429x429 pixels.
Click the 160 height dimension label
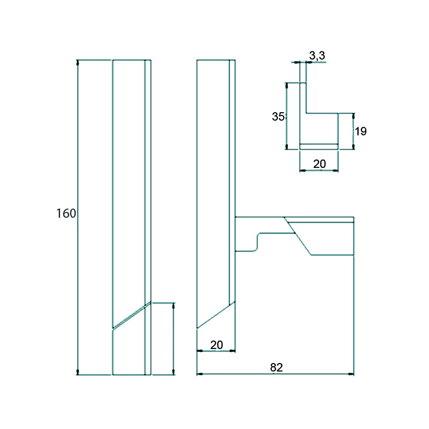pos(66,213)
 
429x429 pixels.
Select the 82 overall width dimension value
pos(276,367)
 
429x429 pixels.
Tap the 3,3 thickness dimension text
pos(317,56)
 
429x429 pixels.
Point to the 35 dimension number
pos(278,116)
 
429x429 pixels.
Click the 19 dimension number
pos(360,131)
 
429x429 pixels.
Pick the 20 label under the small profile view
pos(320,164)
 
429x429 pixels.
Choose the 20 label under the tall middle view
pos(217,345)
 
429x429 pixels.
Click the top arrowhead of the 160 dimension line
pos(78,63)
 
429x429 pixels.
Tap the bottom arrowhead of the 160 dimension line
pos(78,372)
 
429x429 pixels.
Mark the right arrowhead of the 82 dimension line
pos(351,374)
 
